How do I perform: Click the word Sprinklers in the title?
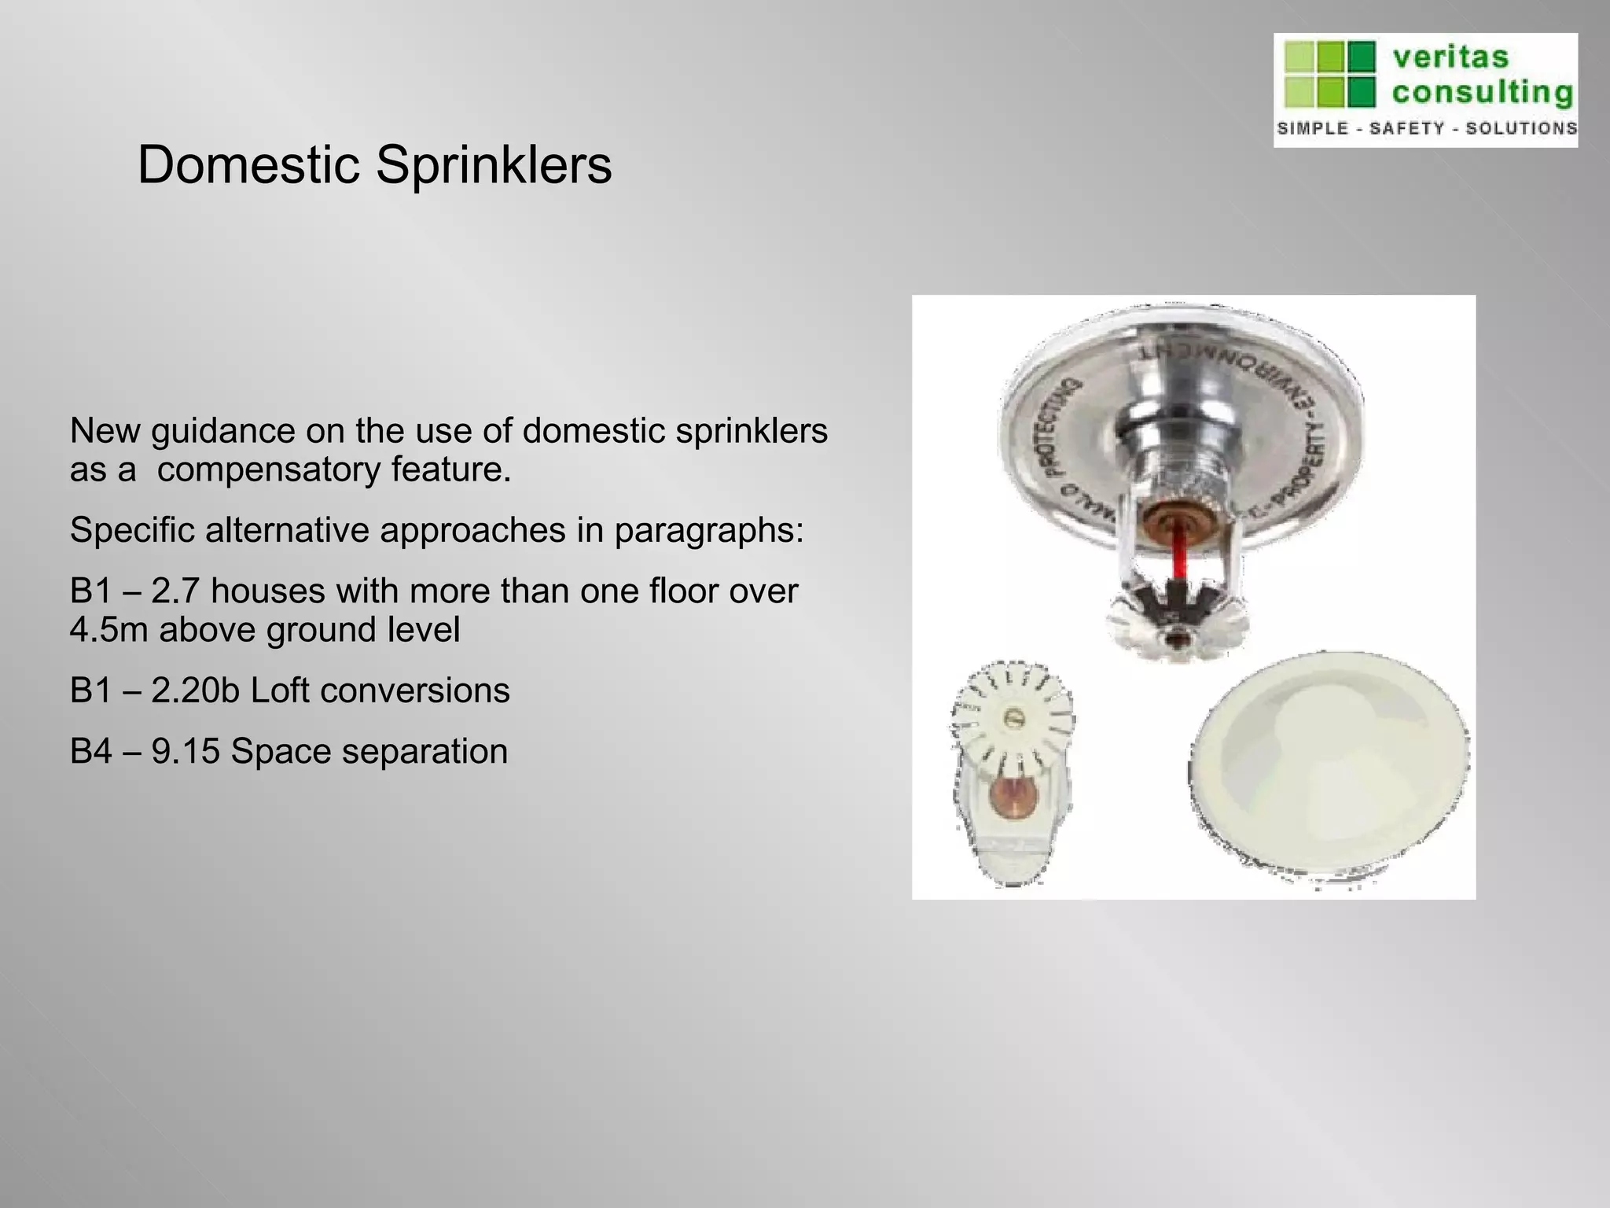tap(493, 166)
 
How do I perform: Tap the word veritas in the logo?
tap(1450, 57)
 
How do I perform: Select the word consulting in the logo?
tap(1482, 93)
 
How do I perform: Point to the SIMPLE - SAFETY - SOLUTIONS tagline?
tap(1426, 128)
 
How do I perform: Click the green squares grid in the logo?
tap(1329, 75)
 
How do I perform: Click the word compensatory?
tap(268, 471)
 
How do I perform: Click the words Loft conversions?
tap(380, 691)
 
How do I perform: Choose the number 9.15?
tap(186, 751)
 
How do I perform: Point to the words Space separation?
tap(369, 751)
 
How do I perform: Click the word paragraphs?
tap(709, 531)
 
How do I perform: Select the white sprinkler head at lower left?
tap(1010, 779)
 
